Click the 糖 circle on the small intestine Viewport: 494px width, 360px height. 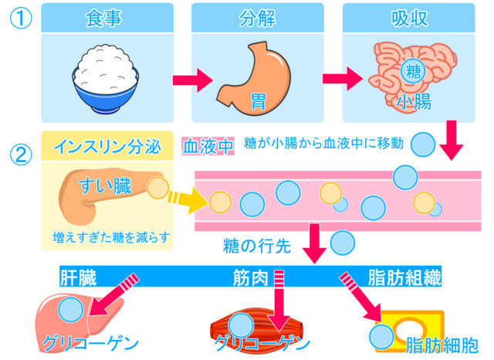click(x=413, y=74)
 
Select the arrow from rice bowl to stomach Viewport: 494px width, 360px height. click(x=190, y=80)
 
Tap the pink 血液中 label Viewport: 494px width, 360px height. click(x=207, y=145)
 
